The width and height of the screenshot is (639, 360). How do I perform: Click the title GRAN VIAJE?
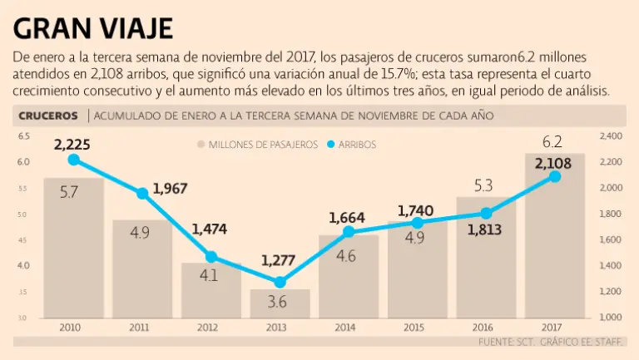[x=93, y=27]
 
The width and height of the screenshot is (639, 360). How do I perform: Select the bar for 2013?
[x=280, y=304]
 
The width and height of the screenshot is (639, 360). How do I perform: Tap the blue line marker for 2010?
[x=73, y=160]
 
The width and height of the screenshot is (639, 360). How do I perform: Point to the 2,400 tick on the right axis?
[x=612, y=136]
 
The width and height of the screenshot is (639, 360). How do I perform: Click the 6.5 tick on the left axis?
[x=22, y=136]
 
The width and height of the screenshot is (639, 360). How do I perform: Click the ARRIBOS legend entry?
[x=357, y=145]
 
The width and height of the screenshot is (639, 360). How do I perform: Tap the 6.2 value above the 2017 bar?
[x=552, y=141]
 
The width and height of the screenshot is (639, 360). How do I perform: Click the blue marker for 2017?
[x=555, y=176]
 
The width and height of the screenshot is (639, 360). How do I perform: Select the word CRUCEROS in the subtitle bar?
[x=47, y=116]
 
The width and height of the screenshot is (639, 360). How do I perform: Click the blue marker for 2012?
[x=211, y=256]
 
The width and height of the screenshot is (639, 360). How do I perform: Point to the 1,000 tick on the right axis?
[x=612, y=318]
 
